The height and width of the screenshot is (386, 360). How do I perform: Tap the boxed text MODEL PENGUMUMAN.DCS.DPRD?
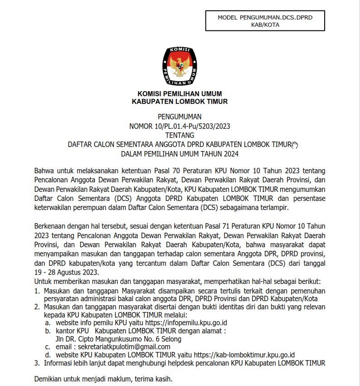pyautogui.click(x=265, y=17)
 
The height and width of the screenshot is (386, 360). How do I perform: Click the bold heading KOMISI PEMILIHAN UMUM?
pyautogui.click(x=180, y=94)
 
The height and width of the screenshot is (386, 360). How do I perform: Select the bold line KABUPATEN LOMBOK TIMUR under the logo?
pyautogui.click(x=180, y=102)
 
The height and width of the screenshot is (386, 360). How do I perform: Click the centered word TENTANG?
pyautogui.click(x=180, y=135)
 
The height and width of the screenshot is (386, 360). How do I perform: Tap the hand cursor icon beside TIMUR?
pyautogui.click(x=295, y=145)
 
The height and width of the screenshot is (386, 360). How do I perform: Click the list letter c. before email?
pyautogui.click(x=47, y=347)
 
